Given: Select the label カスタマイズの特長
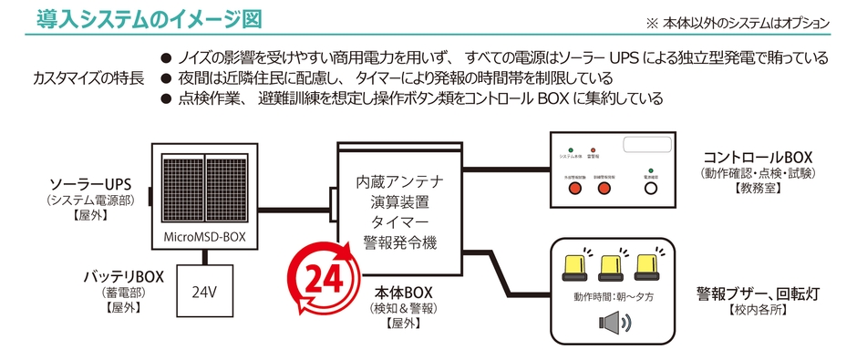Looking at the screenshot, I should click(88, 77).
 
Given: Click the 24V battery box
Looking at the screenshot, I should click(203, 293).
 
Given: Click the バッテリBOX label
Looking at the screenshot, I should click(124, 276).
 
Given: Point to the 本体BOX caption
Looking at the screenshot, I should click(402, 293).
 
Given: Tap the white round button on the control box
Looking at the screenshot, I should click(650, 188).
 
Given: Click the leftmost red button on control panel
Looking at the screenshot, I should click(574, 189).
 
